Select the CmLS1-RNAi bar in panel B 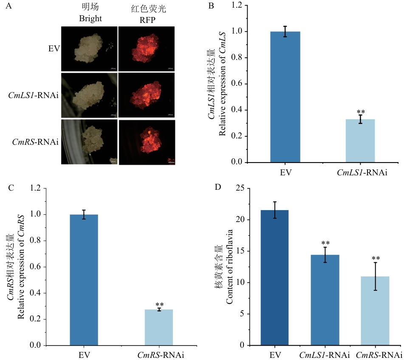click(x=360, y=141)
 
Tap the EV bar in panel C click(x=84, y=280)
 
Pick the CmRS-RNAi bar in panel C click(x=159, y=327)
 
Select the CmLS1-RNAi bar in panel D click(x=325, y=300)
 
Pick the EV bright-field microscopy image click(x=89, y=48)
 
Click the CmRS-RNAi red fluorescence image click(x=147, y=142)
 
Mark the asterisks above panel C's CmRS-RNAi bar click(x=160, y=305)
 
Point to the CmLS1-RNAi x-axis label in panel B click(x=360, y=173)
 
